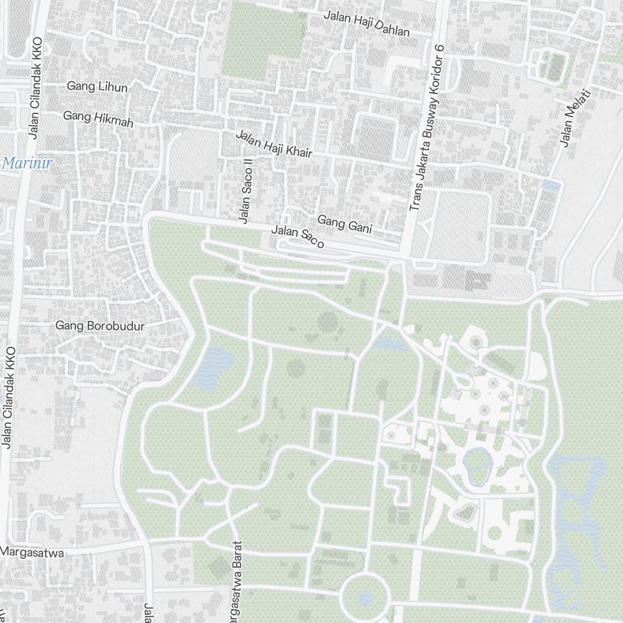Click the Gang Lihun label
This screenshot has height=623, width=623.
pos(97,87)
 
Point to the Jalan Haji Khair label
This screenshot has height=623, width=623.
pos(273,144)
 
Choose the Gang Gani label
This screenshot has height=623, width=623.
pos(345,224)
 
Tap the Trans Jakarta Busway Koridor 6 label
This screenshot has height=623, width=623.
pos(426,127)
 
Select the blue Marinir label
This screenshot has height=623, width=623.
pos(26,164)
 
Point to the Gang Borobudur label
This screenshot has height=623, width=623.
pos(100,325)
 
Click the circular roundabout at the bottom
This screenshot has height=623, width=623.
pos(365,597)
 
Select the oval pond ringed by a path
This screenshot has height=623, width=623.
pos(477,465)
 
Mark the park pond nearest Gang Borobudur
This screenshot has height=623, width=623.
pos(213,368)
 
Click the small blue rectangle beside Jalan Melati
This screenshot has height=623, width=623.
pos(551,185)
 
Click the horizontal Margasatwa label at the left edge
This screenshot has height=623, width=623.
pos(32,551)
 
